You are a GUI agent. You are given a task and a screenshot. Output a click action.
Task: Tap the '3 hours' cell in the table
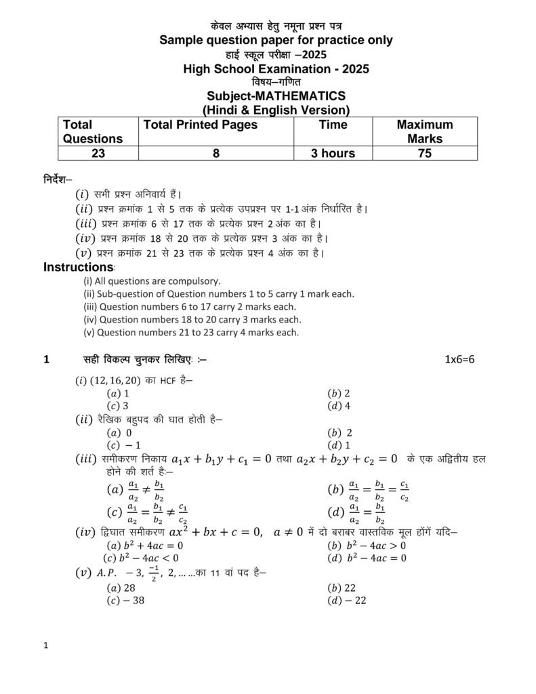click(333, 153)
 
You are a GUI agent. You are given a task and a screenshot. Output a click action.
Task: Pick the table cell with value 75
click(425, 153)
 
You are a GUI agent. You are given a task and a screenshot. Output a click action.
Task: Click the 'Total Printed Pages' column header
click(201, 125)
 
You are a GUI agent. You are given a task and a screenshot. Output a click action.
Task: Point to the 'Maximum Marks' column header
click(425, 131)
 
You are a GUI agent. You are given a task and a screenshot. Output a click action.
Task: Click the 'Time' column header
click(333, 125)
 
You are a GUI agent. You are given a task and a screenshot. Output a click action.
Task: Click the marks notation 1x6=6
click(459, 360)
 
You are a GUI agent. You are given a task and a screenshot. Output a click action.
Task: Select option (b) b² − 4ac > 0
click(367, 545)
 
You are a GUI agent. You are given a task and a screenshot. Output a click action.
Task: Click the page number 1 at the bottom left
click(45, 646)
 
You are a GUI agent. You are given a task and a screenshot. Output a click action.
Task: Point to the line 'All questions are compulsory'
click(152, 281)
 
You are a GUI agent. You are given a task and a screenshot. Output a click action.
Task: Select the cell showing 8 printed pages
click(215, 153)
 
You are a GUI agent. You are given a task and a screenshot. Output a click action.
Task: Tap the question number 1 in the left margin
click(46, 360)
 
